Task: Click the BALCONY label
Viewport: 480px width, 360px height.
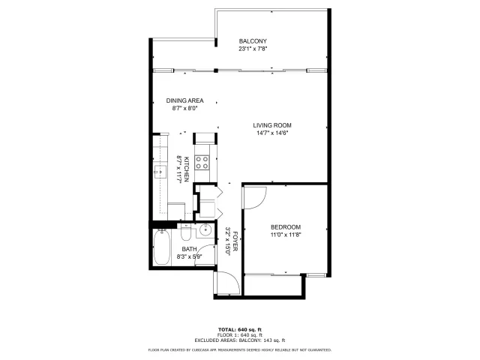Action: coord(253,40)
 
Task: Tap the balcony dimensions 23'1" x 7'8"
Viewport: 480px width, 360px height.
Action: coord(253,49)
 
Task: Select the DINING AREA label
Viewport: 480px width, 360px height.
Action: coord(184,100)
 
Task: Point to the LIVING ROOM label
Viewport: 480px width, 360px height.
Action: coord(271,125)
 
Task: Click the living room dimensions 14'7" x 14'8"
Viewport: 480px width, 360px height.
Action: coord(271,133)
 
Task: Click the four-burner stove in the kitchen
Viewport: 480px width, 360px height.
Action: coord(202,160)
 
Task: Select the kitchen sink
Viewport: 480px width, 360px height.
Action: coord(159,172)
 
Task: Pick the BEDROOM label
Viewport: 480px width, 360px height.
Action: coord(285,227)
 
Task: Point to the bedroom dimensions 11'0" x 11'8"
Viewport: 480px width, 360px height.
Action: coord(285,235)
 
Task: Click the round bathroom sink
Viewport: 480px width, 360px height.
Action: coord(204,229)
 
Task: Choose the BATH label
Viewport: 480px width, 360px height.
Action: coord(188,249)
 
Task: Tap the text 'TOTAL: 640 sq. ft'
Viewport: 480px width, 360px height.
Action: coord(239,330)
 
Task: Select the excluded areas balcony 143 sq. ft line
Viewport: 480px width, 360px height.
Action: coord(239,340)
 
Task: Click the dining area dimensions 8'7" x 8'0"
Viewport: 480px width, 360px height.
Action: coord(184,108)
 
